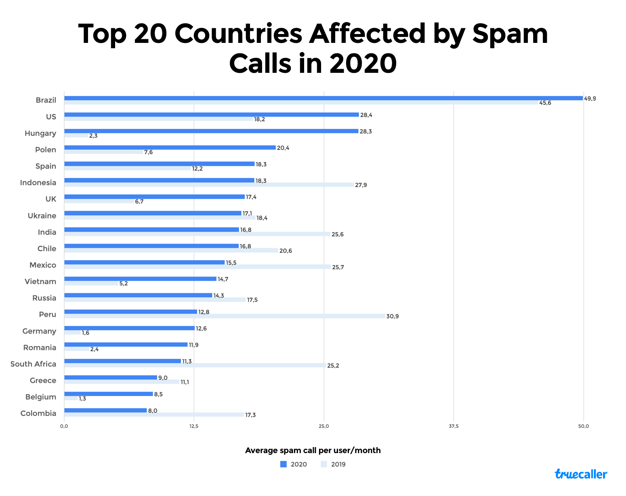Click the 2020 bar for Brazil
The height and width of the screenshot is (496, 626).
(323, 98)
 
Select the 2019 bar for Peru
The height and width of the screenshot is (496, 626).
(224, 316)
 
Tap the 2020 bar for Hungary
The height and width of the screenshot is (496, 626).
(211, 131)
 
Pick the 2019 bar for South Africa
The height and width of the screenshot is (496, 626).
(195, 366)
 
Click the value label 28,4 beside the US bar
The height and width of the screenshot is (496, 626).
(366, 115)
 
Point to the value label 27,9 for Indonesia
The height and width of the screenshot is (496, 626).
(361, 185)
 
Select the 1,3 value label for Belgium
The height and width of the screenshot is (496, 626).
(82, 399)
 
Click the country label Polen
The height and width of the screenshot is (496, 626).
(45, 150)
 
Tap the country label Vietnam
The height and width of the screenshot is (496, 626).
(40, 282)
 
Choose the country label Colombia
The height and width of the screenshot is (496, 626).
(38, 413)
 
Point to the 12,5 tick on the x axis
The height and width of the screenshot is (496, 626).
(194, 426)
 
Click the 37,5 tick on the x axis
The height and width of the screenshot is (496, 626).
(454, 426)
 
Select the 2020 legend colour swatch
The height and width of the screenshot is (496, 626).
(284, 464)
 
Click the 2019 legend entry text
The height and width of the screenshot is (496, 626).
(338, 464)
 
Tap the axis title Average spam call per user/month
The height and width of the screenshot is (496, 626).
(313, 451)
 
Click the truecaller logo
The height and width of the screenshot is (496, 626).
(581, 474)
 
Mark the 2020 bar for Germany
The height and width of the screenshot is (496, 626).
(129, 328)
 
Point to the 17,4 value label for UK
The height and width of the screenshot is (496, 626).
(251, 197)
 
